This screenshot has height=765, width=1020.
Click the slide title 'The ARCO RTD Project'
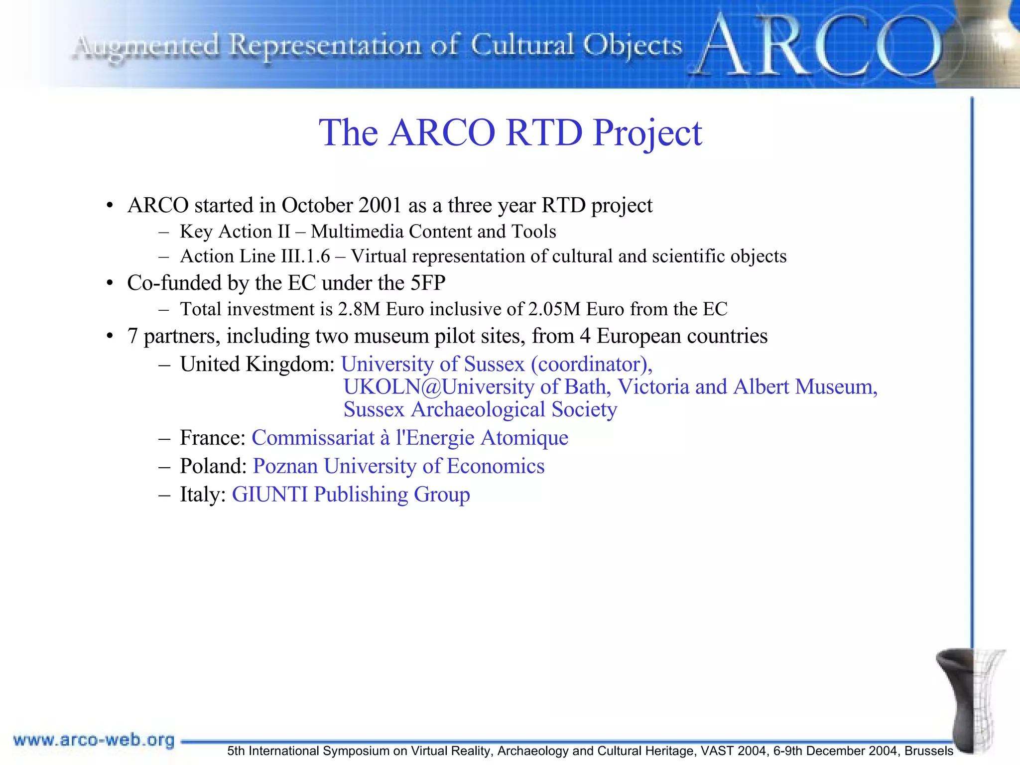(510, 133)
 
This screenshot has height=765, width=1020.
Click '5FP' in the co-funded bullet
(428, 283)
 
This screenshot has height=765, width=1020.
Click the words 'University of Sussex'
(432, 364)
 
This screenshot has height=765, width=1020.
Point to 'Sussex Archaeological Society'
(480, 410)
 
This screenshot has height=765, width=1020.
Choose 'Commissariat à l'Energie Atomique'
(410, 438)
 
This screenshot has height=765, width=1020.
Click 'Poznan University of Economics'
(398, 466)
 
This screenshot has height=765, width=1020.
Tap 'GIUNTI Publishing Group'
(351, 495)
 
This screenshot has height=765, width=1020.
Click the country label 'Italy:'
(203, 495)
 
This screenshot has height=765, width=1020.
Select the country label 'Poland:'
(213, 466)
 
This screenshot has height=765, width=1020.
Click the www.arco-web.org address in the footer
(94, 740)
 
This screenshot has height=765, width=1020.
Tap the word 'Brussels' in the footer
(929, 751)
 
